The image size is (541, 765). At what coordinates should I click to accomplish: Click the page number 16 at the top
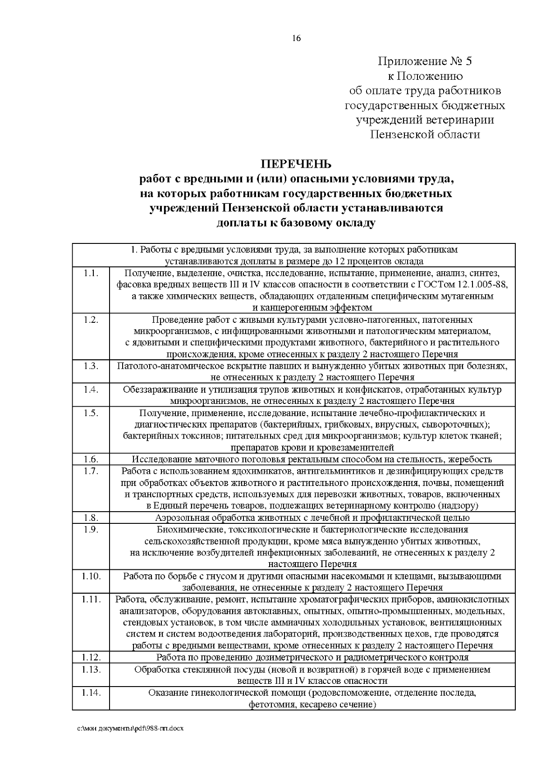pyautogui.click(x=296, y=38)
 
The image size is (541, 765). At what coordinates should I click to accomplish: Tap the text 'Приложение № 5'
pyautogui.click(x=424, y=61)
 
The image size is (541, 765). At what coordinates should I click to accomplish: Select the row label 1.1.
pyautogui.click(x=91, y=273)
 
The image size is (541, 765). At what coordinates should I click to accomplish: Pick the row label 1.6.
pyautogui.click(x=91, y=459)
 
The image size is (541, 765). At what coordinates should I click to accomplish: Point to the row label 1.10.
pyautogui.click(x=91, y=576)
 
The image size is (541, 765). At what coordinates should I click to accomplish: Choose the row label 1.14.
pyautogui.click(x=91, y=693)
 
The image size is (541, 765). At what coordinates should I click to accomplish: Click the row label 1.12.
pyautogui.click(x=91, y=658)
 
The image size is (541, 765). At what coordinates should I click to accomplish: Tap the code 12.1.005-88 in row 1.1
pyautogui.click(x=483, y=285)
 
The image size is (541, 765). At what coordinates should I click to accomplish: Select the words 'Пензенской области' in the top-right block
pyautogui.click(x=425, y=134)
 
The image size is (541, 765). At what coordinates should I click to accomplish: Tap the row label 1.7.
pyautogui.click(x=91, y=471)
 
